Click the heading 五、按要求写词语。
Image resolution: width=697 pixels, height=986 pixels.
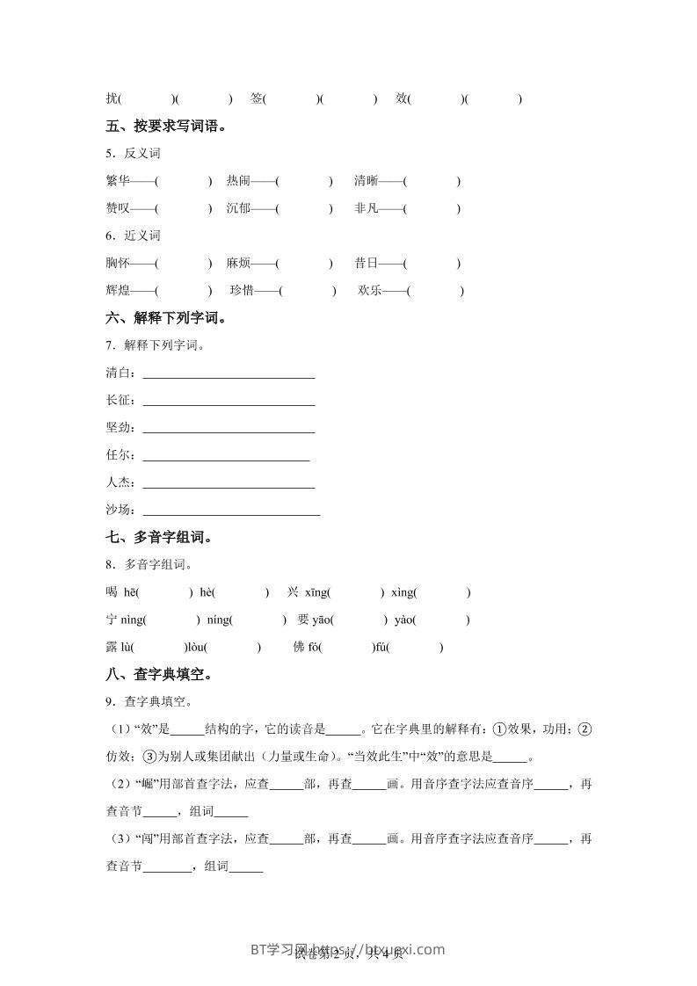tap(165, 126)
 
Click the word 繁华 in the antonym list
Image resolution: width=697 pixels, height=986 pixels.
tap(117, 181)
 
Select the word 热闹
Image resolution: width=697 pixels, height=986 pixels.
tap(238, 181)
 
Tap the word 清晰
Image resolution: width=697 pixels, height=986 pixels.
tap(367, 181)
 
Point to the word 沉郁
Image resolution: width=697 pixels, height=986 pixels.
tap(238, 208)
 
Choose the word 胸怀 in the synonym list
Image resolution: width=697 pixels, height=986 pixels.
tap(117, 263)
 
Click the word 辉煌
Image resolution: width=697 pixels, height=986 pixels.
tap(117, 290)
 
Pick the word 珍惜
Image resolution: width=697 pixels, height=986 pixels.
tap(242, 290)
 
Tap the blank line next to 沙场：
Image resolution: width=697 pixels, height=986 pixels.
tap(231, 512)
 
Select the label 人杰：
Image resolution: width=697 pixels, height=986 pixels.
tap(120, 482)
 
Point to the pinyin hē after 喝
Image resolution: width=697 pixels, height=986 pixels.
tap(131, 592)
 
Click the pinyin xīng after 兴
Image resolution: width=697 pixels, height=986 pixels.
tap(316, 592)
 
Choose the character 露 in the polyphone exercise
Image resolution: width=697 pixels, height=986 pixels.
tap(111, 647)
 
